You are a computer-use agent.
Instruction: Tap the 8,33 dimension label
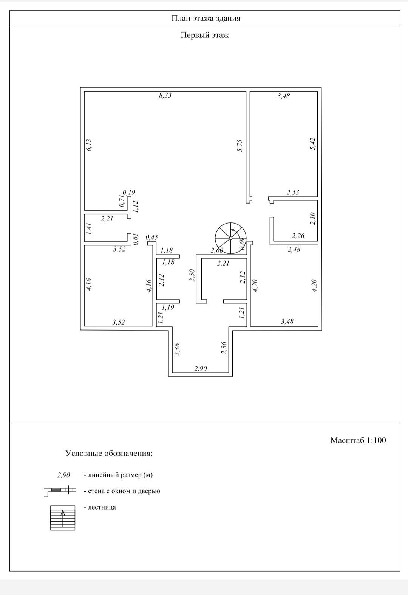(165, 95)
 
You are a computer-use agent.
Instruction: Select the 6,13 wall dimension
(89, 145)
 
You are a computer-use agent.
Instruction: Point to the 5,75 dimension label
(240, 146)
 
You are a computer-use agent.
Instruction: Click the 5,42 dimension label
(312, 144)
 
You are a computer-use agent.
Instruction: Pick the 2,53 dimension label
(293, 192)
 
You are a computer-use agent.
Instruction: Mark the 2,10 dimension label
(312, 219)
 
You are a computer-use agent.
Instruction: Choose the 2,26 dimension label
(298, 236)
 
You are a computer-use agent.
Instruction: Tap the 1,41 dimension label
(89, 229)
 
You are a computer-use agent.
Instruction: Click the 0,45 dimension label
(151, 237)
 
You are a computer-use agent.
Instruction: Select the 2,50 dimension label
(192, 275)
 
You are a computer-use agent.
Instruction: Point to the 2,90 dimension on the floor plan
(201, 368)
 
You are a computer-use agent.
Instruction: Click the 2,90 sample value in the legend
(63, 475)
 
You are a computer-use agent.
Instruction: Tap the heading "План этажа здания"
(206, 18)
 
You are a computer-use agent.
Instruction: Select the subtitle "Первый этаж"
(205, 35)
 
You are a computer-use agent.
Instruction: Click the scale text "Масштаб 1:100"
(358, 440)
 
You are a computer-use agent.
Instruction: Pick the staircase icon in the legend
(63, 518)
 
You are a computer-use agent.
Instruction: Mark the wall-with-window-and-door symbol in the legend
(60, 491)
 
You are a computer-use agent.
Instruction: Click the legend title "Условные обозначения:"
(109, 453)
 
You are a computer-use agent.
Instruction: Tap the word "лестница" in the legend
(102, 507)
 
